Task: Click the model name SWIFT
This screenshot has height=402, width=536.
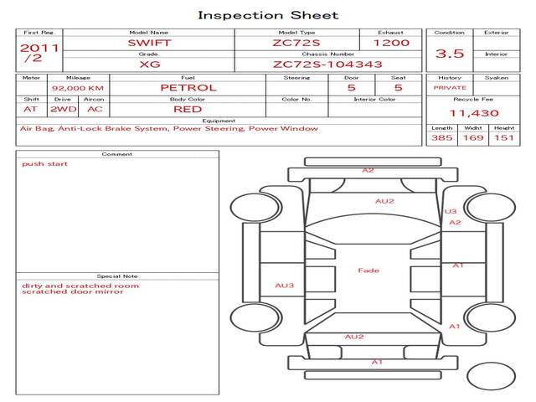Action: [x=149, y=43]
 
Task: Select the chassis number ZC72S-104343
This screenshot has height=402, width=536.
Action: [x=327, y=64]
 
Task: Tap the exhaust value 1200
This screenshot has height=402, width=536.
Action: [x=391, y=43]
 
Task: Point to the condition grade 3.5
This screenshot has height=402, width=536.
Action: [x=450, y=54]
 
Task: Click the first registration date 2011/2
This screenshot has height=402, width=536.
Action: [x=39, y=53]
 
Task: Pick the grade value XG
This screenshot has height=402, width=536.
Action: [x=150, y=64]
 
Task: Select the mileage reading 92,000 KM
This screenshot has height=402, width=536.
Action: [x=78, y=88]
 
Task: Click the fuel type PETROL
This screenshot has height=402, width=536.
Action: [x=188, y=88]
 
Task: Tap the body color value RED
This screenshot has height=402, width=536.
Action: [x=188, y=110]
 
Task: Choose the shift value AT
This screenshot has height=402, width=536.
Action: [x=30, y=110]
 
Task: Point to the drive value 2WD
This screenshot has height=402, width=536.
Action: [x=64, y=110]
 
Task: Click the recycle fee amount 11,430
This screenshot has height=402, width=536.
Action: [x=474, y=113]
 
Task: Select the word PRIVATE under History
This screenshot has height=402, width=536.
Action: [x=450, y=88]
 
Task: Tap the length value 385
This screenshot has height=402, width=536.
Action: [x=441, y=137]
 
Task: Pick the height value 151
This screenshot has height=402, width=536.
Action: [x=504, y=137]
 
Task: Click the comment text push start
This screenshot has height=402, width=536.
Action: [x=44, y=164]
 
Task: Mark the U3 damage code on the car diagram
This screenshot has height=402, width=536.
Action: [x=451, y=211]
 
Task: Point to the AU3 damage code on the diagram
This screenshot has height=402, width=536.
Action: [x=285, y=286]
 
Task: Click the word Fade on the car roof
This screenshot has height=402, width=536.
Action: [x=368, y=271]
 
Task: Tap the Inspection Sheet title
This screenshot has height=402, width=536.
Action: [x=268, y=15]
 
